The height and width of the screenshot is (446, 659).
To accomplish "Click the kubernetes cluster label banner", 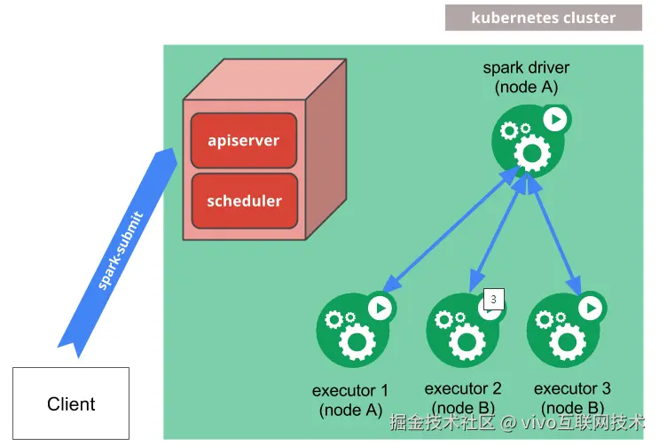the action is pos(544,18).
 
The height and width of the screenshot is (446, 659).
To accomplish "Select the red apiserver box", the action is pos(244,140).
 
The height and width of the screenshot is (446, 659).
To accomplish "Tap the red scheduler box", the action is pos(245,200).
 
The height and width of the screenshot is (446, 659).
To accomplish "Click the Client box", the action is pos(71,403).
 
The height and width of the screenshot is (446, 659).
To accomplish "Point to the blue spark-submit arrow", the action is pos(117,253).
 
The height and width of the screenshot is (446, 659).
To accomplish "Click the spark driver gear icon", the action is pos(531,140).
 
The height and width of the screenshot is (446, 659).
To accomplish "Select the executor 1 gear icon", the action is pos(356,329).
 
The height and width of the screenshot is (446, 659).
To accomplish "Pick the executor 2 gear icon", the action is pos(466,329).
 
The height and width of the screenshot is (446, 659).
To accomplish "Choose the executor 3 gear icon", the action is pos(566,329).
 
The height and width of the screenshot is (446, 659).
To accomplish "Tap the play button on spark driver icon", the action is pos(555,120).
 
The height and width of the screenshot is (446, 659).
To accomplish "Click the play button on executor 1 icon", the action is pos(380,309).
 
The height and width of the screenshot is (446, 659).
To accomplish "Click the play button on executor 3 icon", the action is pos(591,309).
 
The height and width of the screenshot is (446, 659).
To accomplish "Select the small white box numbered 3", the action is pos(494,299).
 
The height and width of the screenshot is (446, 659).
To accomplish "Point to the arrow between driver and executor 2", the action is pos(498,231).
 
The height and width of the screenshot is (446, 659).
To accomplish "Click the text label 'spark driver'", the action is pos(526,67).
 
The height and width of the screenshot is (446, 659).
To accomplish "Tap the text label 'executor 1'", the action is pos(350,390).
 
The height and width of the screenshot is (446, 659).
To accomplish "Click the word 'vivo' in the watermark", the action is pos(539,422).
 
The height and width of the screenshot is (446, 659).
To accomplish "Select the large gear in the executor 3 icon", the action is pos(567,342).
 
